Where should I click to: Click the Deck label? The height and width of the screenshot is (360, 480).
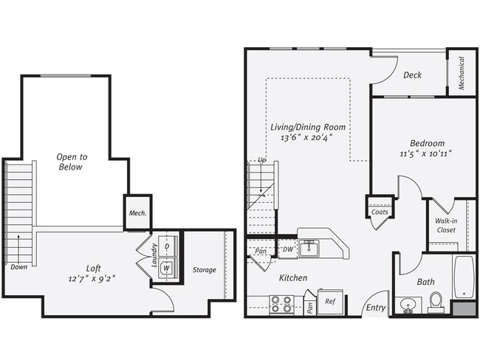413,75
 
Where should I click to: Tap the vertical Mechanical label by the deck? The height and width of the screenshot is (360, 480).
462,73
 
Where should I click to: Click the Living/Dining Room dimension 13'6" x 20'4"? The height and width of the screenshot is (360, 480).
309,137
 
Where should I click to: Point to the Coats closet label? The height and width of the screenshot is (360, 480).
380,211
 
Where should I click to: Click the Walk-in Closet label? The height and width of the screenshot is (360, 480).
446,224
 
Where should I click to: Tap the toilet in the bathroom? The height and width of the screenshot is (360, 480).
436,302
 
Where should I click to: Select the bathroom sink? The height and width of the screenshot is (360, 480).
407,305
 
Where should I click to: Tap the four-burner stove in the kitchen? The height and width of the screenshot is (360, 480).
281,304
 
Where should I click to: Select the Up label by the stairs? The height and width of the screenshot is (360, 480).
261,161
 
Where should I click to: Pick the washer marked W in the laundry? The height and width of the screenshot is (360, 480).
167,267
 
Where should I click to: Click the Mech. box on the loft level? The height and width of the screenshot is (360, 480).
137,213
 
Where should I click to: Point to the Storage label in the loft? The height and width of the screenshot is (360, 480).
204,270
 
